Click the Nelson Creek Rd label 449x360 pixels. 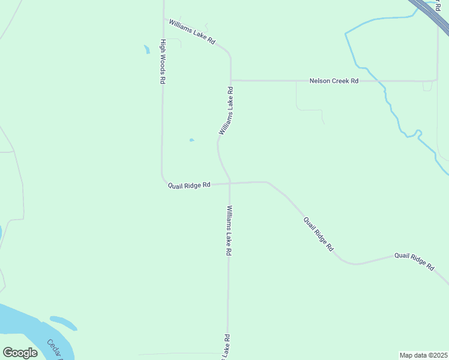[x=334, y=80]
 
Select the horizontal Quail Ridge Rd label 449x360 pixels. [x=188, y=185]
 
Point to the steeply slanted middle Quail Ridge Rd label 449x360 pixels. [x=318, y=234]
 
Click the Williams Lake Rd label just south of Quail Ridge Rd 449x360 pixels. [x=229, y=231]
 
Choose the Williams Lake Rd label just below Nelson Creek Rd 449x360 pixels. [x=226, y=110]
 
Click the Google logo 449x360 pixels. [x=20, y=352]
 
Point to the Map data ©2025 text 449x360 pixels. [x=423, y=355]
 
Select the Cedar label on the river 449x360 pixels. [x=55, y=349]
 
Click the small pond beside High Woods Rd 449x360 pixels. [x=146, y=49]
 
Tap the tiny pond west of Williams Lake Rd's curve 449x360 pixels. [x=191, y=140]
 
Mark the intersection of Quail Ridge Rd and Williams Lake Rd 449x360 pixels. [x=229, y=183]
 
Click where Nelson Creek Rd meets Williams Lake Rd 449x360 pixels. [x=231, y=80]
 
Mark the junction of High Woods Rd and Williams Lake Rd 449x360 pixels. [x=163, y=19]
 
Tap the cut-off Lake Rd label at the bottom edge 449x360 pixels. [x=226, y=348]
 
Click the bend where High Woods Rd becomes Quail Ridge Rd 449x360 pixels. [x=163, y=180]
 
